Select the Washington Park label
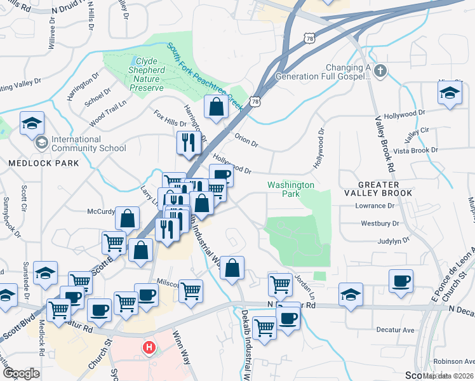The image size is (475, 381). pyautogui.click(x=291, y=189)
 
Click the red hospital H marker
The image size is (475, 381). pyautogui.click(x=149, y=347)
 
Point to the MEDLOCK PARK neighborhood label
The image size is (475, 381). pyautogui.click(x=44, y=163)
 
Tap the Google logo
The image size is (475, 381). pyautogui.click(x=21, y=373)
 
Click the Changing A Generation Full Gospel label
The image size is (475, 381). pyautogui.click(x=323, y=72)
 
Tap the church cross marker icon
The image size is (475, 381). pyautogui.click(x=380, y=70)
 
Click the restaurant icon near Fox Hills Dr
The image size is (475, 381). pyautogui.click(x=189, y=143)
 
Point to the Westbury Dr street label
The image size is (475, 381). pyautogui.click(x=379, y=224)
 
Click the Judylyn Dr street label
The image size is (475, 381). pyautogui.click(x=380, y=241)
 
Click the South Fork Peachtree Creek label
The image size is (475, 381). pyautogui.click(x=206, y=76)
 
